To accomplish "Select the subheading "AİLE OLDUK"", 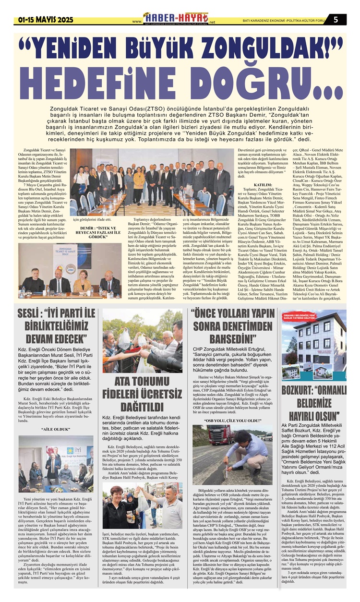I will [56, 429].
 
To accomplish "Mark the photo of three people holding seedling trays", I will [143, 504].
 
